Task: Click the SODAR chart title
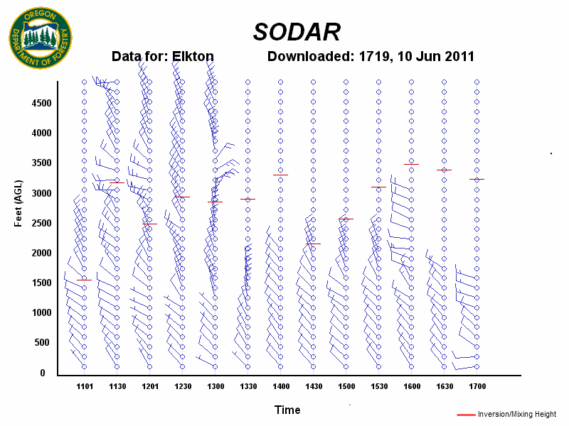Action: point(297,31)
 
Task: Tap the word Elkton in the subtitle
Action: point(193,57)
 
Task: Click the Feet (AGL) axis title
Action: point(19,203)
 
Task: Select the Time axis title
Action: point(287,410)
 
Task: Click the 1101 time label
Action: point(85,387)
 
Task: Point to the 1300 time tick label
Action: point(216,387)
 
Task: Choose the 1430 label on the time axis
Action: point(314,387)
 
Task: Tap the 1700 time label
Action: point(477,387)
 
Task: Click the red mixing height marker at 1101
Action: point(84,280)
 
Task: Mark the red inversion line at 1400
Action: point(280,175)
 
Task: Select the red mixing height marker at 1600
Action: point(411,164)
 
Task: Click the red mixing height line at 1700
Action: point(477,179)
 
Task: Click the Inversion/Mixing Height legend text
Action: point(517,414)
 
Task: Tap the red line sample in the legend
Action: point(466,414)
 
